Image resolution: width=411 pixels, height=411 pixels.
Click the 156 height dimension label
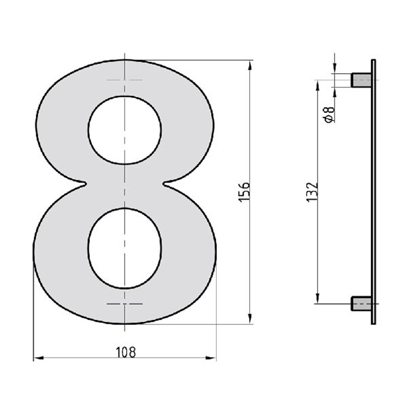point(244,192)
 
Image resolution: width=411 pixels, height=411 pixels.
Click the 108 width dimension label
point(126,352)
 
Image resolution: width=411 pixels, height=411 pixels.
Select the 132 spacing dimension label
point(312,192)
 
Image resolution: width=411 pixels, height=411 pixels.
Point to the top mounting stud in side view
point(361,80)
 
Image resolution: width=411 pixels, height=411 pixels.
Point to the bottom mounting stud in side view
point(361,304)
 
